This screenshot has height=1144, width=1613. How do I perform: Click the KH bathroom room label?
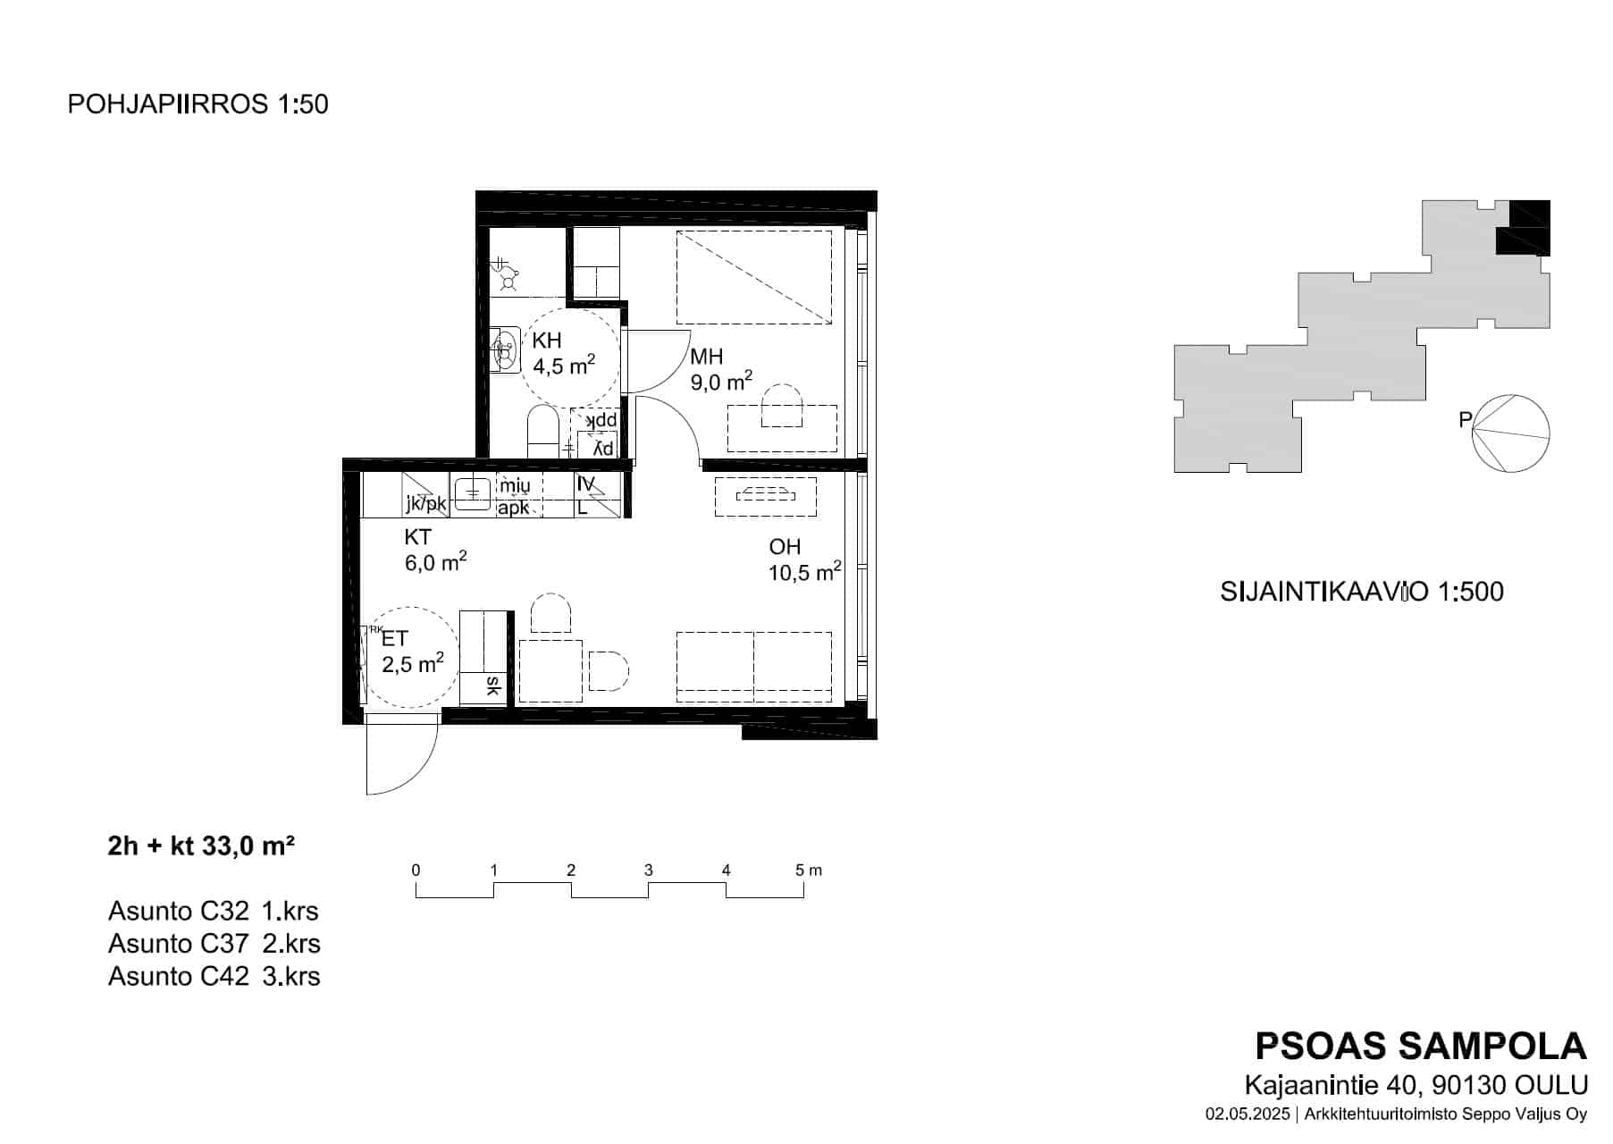pos(547,341)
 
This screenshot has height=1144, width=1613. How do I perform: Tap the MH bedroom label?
pos(706,357)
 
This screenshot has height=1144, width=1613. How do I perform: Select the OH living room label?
pos(785,547)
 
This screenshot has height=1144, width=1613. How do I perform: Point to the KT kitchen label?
pos(418,537)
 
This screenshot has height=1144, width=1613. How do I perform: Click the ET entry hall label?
pos(395,638)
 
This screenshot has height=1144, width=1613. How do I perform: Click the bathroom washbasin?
pos(506,349)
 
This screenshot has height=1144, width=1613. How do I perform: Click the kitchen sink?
pos(471,492)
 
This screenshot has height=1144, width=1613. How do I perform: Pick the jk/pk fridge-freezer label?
pos(425,504)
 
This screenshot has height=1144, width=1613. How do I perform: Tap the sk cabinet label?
pos(491,686)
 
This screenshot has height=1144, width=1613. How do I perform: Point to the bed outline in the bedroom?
pos(754,277)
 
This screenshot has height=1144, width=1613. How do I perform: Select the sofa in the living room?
pos(754,667)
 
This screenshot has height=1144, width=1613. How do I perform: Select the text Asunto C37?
pos(179,944)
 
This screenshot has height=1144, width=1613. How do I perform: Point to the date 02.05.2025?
pos(1248,1115)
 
